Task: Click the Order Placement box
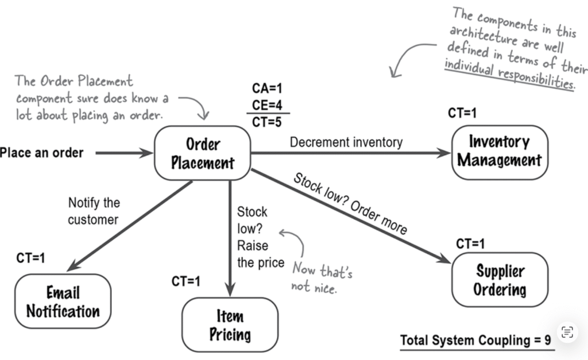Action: pyautogui.click(x=203, y=153)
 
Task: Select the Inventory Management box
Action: pyautogui.click(x=500, y=152)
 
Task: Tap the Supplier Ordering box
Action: pyautogui.click(x=500, y=280)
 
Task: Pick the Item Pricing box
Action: pyautogui.click(x=230, y=325)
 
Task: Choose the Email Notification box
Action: pyautogui.click(x=63, y=302)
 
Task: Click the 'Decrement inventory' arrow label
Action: pyautogui.click(x=346, y=142)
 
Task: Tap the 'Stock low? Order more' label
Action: pyautogui.click(x=350, y=203)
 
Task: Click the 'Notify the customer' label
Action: pyautogui.click(x=94, y=211)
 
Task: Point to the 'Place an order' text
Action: pyautogui.click(x=42, y=153)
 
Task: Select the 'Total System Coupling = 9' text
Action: pyautogui.click(x=475, y=340)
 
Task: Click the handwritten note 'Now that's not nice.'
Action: pyautogui.click(x=322, y=277)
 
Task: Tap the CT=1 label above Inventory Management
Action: pyautogui.click(x=462, y=114)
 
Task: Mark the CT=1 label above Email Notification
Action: pyautogui.click(x=30, y=258)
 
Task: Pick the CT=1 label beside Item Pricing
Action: pyautogui.click(x=185, y=281)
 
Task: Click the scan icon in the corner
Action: pyautogui.click(x=567, y=331)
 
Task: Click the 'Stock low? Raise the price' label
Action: pyautogui.click(x=260, y=237)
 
